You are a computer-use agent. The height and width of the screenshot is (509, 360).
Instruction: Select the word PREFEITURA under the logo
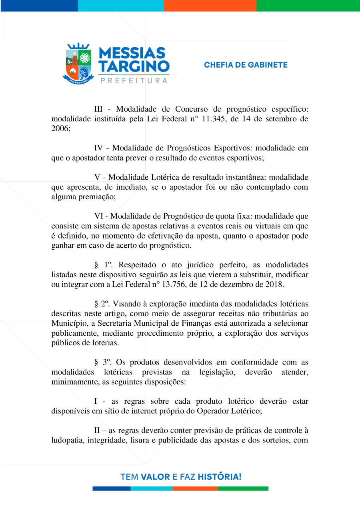134,81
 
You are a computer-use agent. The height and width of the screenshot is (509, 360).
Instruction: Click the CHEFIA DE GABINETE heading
246,65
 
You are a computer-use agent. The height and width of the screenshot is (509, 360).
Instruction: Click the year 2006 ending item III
61,128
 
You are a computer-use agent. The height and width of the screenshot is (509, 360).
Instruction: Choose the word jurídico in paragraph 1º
190,265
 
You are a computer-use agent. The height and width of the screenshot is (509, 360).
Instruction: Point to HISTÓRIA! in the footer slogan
220,477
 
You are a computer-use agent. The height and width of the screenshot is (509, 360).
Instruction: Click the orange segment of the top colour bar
210,5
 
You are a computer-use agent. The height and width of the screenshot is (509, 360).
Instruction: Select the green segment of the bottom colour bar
243,488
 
